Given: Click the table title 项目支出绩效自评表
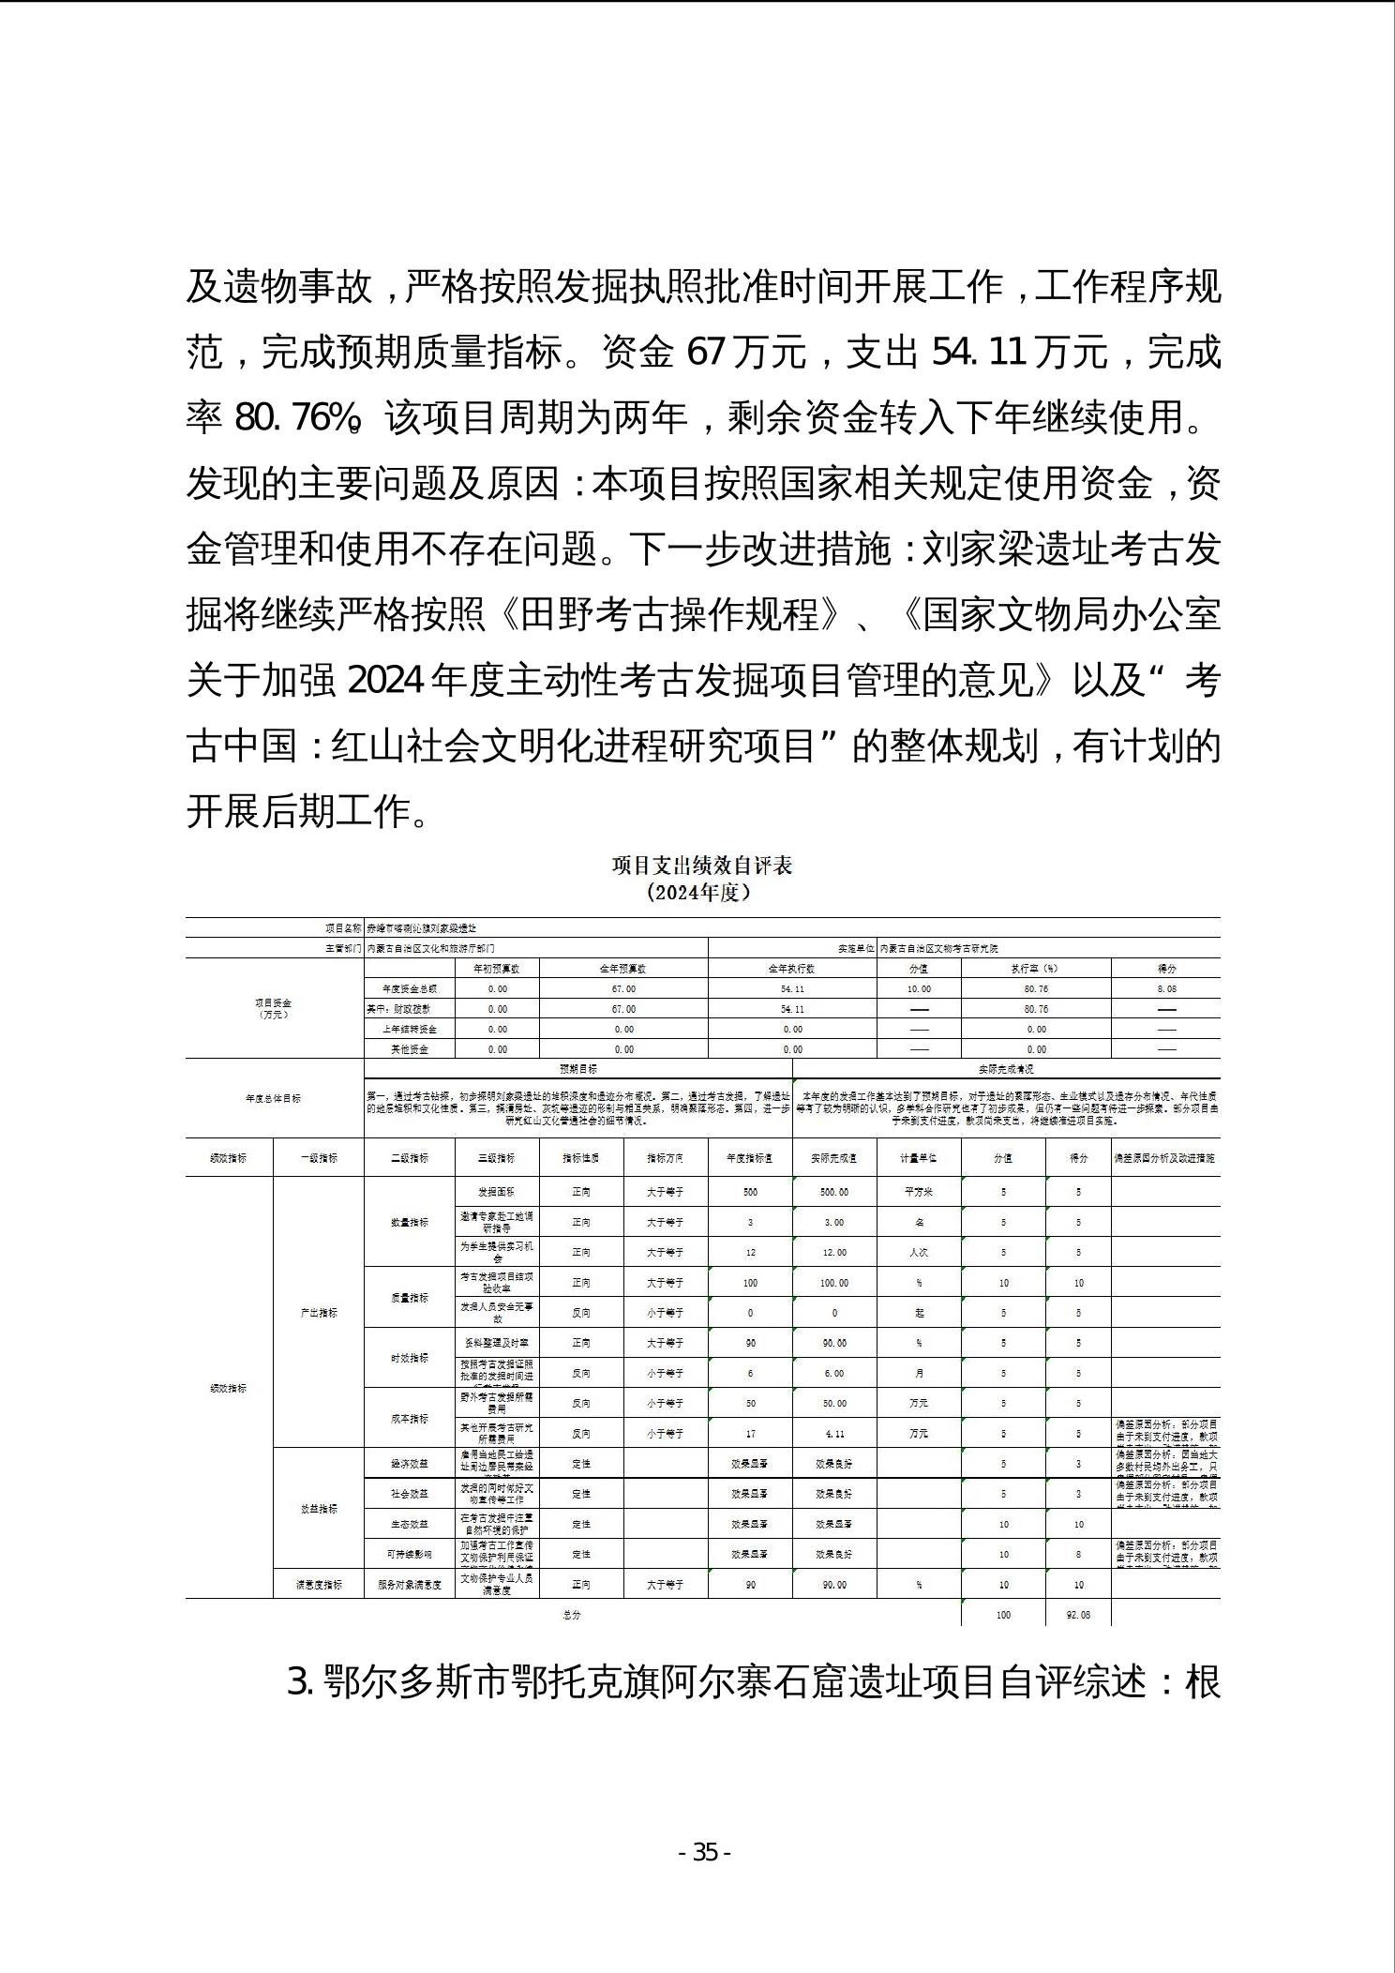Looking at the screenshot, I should click(702, 865).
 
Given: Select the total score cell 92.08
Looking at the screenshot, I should click(1078, 1615).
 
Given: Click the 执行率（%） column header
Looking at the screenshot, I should click(1035, 969).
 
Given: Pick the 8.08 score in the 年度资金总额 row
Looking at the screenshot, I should click(1165, 988).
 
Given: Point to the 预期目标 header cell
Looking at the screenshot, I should click(577, 1069).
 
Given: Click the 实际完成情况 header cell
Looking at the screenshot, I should click(1006, 1069).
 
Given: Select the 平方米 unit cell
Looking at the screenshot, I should click(919, 1192).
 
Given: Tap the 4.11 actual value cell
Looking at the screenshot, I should click(834, 1434).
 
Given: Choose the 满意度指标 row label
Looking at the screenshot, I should click(319, 1585).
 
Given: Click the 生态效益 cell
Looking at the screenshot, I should click(409, 1525).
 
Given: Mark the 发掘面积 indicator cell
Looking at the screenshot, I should click(497, 1192).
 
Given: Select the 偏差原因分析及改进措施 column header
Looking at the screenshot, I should click(1165, 1158).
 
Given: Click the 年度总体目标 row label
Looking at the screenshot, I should click(274, 1098).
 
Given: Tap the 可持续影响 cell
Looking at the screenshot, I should click(409, 1555).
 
